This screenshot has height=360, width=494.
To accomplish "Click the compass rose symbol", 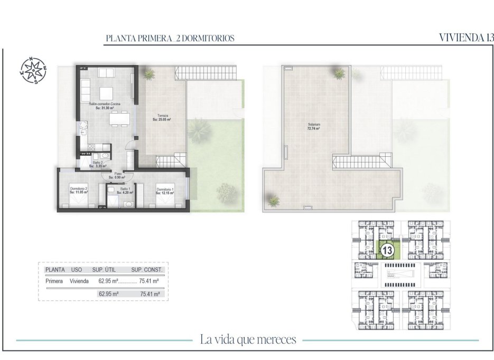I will (x=33, y=70).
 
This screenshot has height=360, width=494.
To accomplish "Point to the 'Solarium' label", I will (x=314, y=126).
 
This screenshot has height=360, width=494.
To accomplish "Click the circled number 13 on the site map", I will (x=386, y=250).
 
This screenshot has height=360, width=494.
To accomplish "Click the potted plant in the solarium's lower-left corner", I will (x=273, y=200).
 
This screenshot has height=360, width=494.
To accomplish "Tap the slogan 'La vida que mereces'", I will (x=248, y=339).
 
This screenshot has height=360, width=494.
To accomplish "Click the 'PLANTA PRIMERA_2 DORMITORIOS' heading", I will (x=170, y=39).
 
